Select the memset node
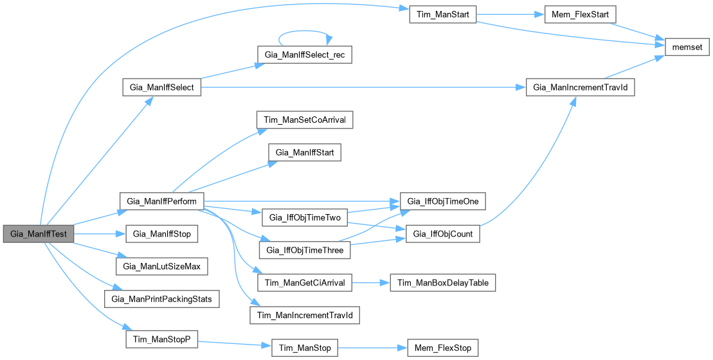(x=686, y=47)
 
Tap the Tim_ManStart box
(x=442, y=15)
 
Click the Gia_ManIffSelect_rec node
(x=304, y=55)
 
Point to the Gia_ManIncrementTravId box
(x=581, y=88)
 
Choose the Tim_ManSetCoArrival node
(x=305, y=120)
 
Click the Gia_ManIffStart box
(x=304, y=153)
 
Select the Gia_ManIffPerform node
(x=161, y=201)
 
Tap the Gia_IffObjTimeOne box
(x=442, y=201)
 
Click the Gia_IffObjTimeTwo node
(x=304, y=218)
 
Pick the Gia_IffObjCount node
(x=442, y=234)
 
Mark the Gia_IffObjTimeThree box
(x=304, y=250)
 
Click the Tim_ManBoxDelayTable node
(x=442, y=283)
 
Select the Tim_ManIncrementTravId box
(x=304, y=316)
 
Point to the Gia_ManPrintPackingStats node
(x=161, y=300)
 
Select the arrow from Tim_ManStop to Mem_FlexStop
(x=373, y=348)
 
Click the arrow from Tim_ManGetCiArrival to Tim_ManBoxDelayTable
(x=370, y=283)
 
